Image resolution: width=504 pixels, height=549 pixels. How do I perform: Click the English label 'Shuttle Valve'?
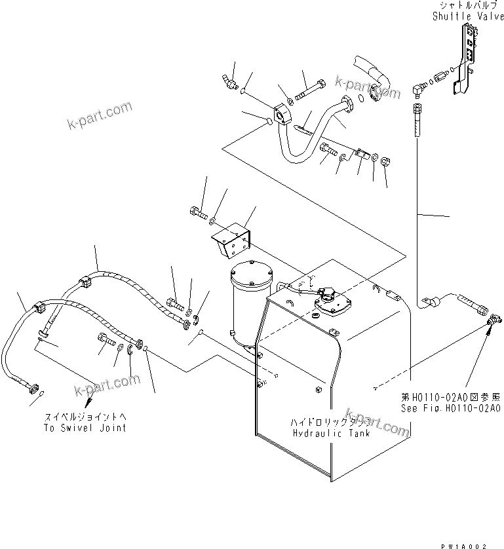[467, 16]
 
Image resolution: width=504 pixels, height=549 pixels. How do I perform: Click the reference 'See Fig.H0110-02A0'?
[451, 407]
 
